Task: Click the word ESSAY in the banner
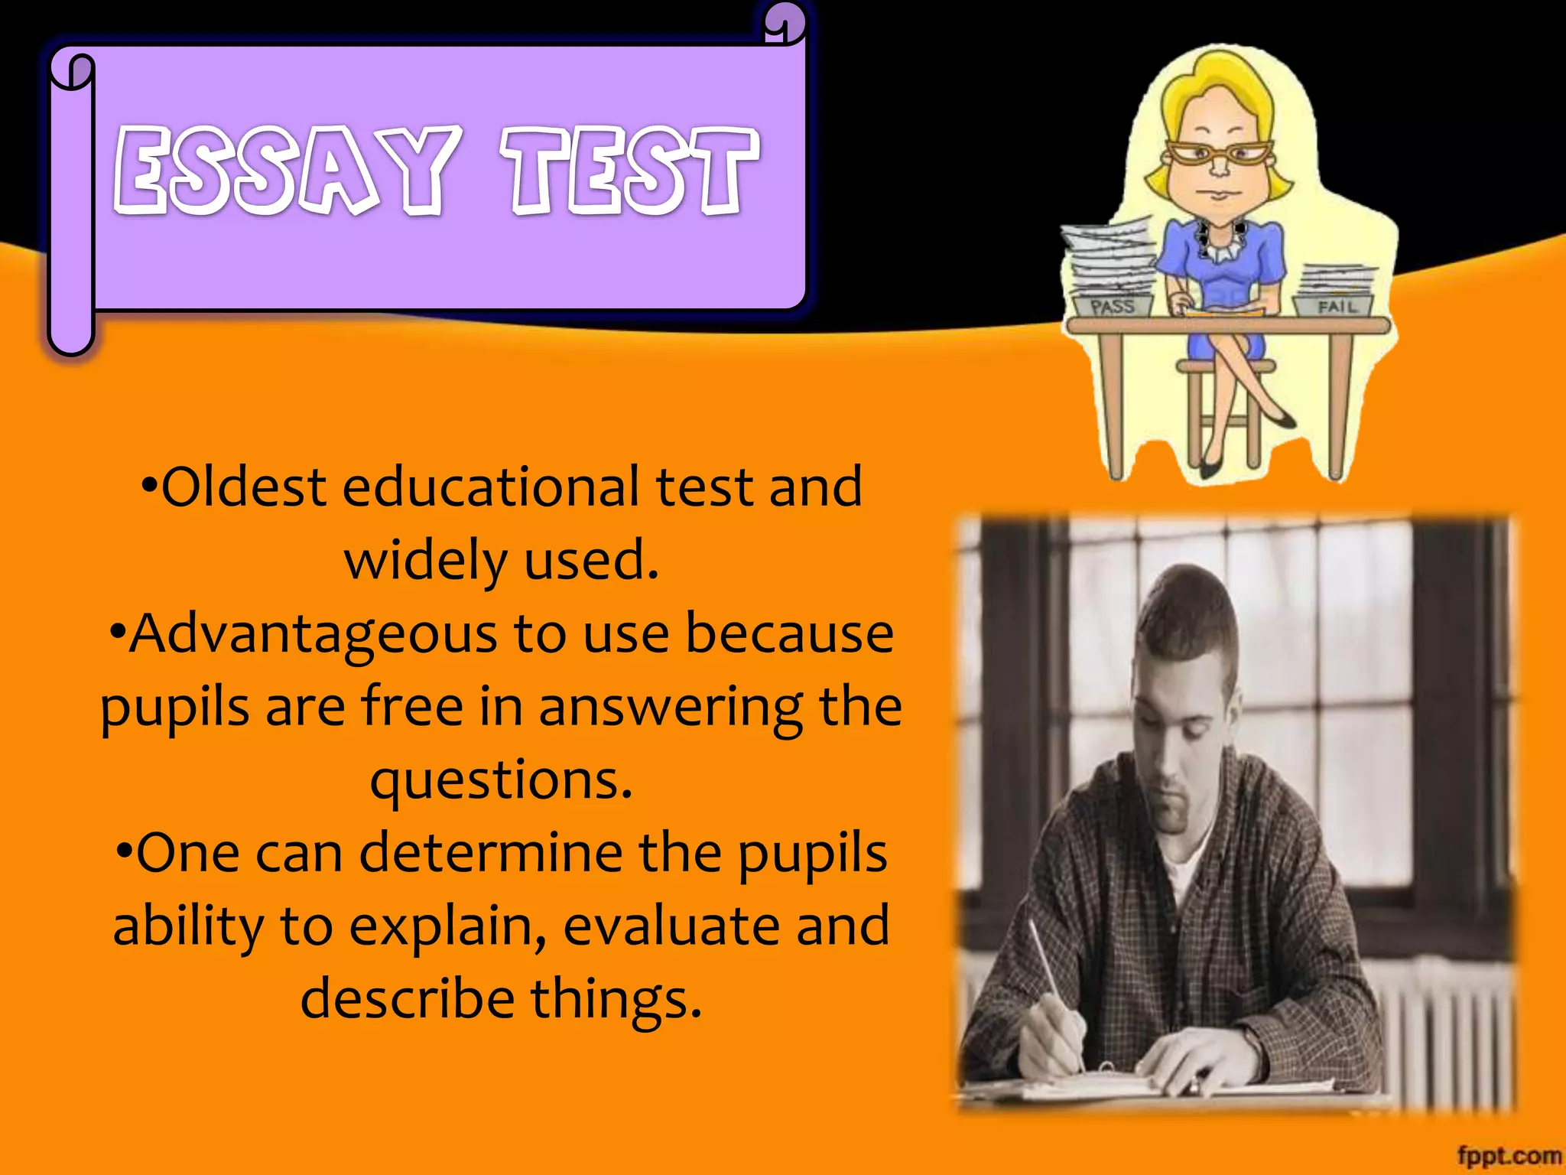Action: point(287,170)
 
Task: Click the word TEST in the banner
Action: point(629,170)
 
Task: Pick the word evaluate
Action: point(671,926)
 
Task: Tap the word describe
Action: point(408,998)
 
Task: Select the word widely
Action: point(425,560)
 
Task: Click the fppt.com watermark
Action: point(1508,1155)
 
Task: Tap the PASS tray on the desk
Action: point(1112,307)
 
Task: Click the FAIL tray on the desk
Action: point(1335,307)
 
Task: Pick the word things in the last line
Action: point(616,998)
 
